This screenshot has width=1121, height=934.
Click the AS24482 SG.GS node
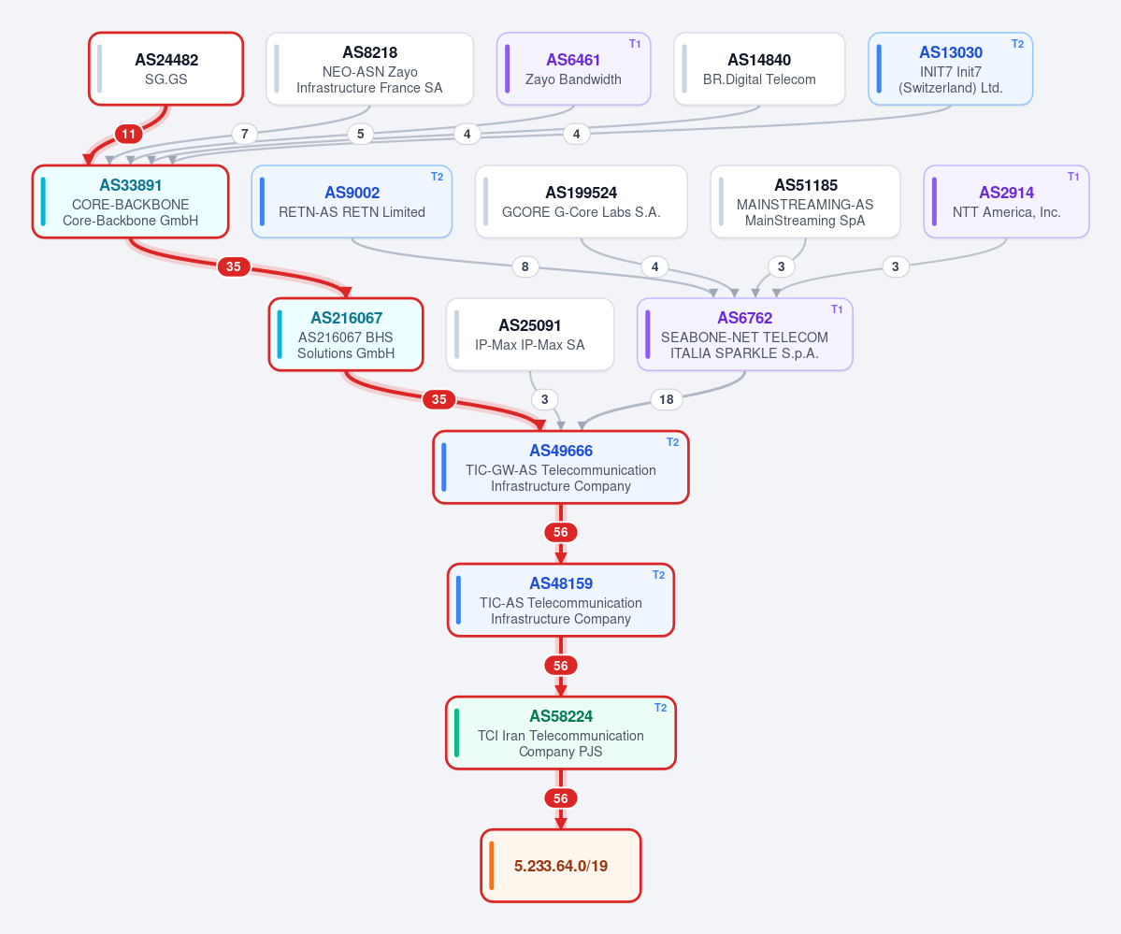pos(165,68)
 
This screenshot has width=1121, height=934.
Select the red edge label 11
pos(129,134)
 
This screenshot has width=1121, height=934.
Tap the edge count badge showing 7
pos(245,134)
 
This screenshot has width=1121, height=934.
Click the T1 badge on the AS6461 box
pos(635,44)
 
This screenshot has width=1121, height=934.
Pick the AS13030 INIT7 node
pos(950,68)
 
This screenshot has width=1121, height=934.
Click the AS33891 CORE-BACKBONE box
pos(130,202)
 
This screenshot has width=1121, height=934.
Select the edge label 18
pos(667,399)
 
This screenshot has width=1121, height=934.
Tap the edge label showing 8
pos(525,266)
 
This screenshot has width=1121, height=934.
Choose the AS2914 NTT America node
pos(1006,202)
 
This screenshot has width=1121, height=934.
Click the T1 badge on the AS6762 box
pos(837,309)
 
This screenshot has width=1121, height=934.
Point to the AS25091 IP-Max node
pos(530,335)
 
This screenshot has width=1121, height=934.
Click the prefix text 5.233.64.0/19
pos(561,866)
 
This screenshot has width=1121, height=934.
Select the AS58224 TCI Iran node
pos(561,733)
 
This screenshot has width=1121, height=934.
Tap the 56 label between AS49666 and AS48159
pos(561,532)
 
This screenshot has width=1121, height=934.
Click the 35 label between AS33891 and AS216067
pos(233,266)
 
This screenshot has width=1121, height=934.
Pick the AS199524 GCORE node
pos(581,202)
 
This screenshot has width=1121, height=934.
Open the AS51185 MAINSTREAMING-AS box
pos(805,202)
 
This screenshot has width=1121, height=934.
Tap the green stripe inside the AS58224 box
pos(457,733)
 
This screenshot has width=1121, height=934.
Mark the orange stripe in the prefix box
pos(492,866)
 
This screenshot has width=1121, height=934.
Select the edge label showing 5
pos(360,134)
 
